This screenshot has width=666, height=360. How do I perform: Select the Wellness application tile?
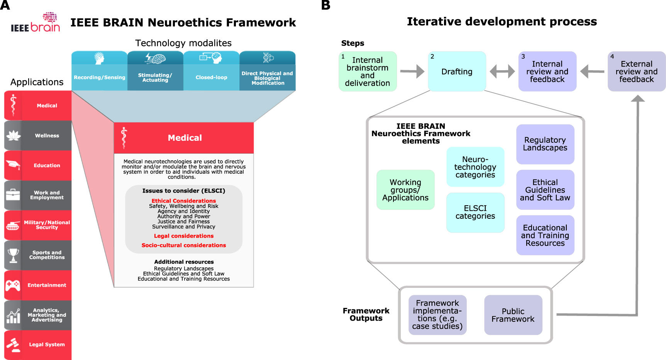pyautogui.click(x=38, y=135)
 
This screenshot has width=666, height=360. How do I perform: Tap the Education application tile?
pyautogui.click(x=38, y=166)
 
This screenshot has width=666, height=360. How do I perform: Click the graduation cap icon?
pyautogui.click(x=13, y=165)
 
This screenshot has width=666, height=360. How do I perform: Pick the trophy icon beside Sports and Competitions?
pyautogui.click(x=13, y=255)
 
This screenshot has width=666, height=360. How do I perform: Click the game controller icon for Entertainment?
pyautogui.click(x=13, y=285)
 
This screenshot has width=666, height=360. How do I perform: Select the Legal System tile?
pyautogui.click(x=38, y=345)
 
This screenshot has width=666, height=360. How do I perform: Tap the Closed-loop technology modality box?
pyautogui.click(x=211, y=71)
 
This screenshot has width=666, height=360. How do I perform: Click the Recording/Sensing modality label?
pyautogui.click(x=99, y=78)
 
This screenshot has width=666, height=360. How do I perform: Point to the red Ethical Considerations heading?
pyautogui.click(x=184, y=201)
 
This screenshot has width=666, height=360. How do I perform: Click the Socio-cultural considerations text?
pyautogui.click(x=184, y=245)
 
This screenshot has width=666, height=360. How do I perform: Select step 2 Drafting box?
pyautogui.click(x=457, y=71)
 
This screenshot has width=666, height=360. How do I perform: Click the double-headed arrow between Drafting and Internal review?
pyautogui.click(x=502, y=71)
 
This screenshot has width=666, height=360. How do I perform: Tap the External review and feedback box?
pyautogui.click(x=636, y=71)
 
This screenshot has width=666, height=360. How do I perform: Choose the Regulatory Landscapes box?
pyautogui.click(x=545, y=144)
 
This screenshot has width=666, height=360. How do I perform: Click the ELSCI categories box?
pyautogui.click(x=475, y=212)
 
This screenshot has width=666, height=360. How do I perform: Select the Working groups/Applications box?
pyautogui.click(x=405, y=190)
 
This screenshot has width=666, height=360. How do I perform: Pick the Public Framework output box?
pyautogui.click(x=513, y=315)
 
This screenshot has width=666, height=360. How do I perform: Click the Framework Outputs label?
pyautogui.click(x=366, y=314)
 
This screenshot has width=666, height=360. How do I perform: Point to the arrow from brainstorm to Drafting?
pyautogui.click(x=412, y=71)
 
